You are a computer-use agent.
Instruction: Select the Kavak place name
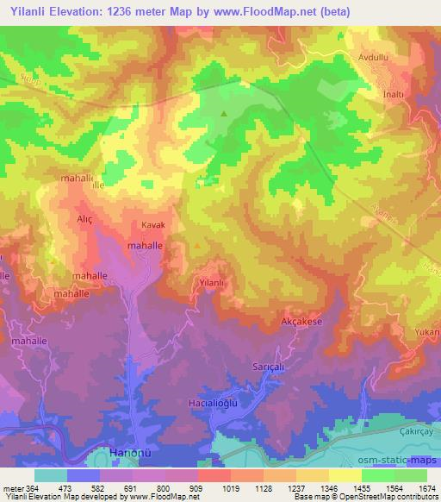point(152,225)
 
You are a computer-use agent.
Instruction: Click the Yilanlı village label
point(212,282)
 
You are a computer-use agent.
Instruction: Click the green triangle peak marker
point(225,113)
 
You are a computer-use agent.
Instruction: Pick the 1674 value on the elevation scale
point(418,487)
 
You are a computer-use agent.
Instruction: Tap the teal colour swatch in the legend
point(51,475)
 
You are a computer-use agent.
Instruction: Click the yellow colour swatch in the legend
point(345,475)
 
